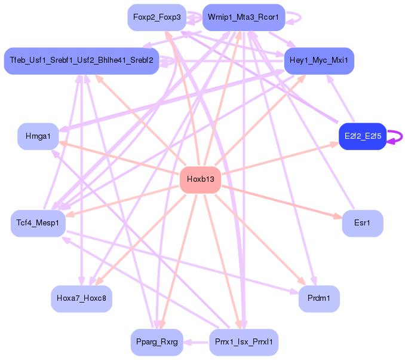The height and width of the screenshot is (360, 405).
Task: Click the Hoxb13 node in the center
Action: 200,179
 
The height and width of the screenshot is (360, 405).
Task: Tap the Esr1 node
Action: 362,223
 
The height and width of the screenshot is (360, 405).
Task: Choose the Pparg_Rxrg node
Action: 157,343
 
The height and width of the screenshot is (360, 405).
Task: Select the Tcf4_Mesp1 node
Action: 38,223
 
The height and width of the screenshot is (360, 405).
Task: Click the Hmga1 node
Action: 38,136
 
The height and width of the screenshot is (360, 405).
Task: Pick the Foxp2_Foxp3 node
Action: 157,17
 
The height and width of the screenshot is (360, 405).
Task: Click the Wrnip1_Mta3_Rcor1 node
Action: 244,17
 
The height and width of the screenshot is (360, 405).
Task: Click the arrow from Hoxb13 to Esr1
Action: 281,201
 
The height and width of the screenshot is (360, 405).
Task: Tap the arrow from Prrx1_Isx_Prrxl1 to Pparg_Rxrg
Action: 197,343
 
